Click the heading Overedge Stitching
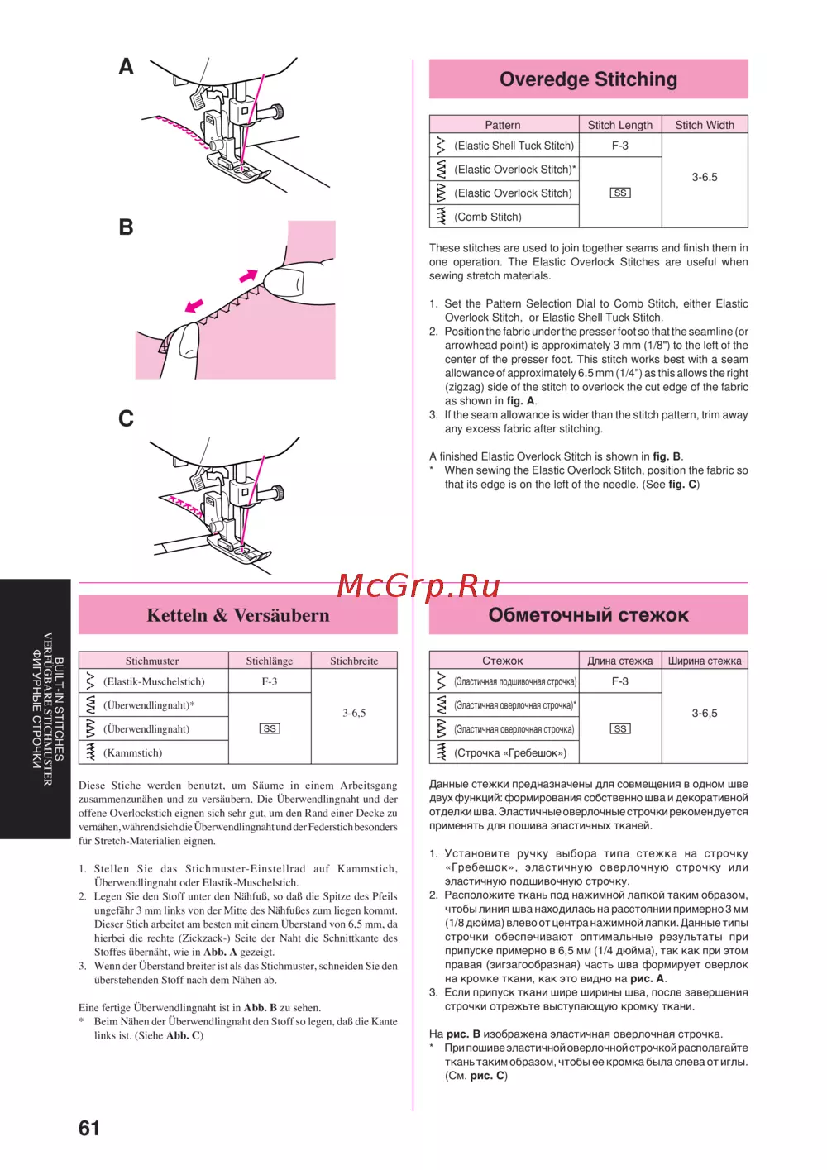(588, 79)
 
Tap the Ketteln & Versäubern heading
(238, 615)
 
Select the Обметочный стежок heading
(588, 615)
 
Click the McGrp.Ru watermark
(418, 585)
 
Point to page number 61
(89, 1128)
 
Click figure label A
(126, 66)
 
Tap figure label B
(126, 227)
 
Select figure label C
(126, 418)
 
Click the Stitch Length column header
(619, 125)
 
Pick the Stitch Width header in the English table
(705, 125)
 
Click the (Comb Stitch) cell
(488, 217)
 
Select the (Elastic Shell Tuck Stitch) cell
(514, 146)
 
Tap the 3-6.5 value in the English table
(705, 177)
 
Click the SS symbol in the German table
(270, 728)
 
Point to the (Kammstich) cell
(132, 752)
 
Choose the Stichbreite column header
(354, 661)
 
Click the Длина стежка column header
(619, 661)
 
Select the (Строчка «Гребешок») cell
(510, 752)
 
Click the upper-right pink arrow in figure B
(248, 275)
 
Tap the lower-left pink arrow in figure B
(194, 306)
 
